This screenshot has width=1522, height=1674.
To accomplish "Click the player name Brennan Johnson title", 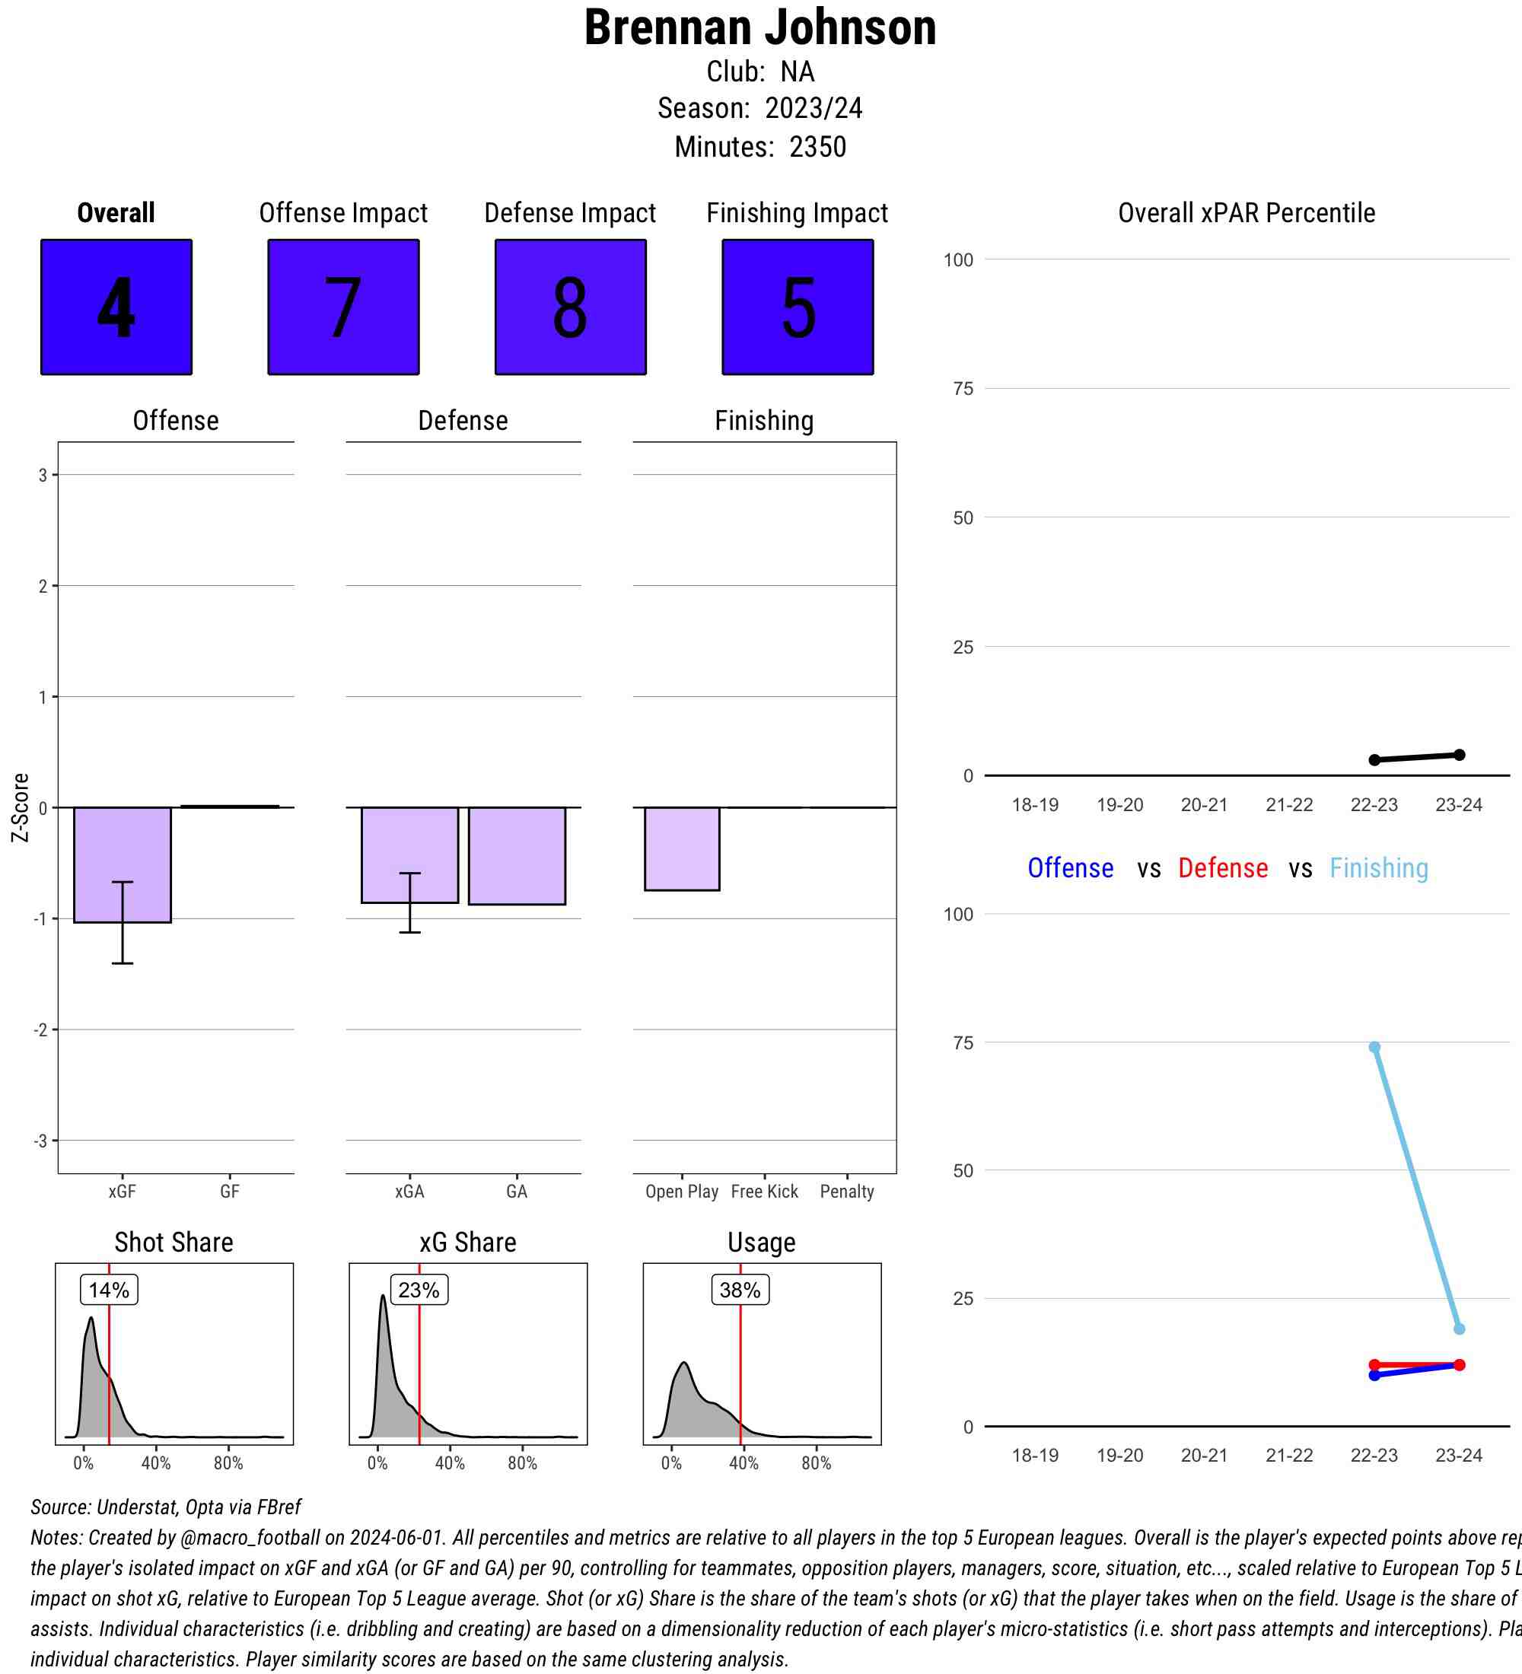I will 759,28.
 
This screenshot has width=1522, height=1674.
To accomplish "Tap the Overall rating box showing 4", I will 116,307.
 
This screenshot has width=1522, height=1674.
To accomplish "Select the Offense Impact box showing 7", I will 343,307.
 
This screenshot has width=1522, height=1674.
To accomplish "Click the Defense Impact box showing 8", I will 571,307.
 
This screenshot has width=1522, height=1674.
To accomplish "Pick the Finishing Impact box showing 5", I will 797,307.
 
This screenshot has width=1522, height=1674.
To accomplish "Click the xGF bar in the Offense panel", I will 122,864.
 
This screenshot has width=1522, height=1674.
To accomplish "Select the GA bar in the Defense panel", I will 517,855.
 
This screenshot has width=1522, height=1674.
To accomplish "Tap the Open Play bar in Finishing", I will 682,848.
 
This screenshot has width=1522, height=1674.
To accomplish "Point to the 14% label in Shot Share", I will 109,1290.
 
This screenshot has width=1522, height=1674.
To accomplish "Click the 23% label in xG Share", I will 419,1290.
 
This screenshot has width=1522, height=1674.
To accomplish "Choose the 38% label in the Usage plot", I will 740,1290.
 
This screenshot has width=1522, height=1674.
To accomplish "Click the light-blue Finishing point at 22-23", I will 1374,1047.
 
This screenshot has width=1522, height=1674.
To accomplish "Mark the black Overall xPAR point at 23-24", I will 1459,755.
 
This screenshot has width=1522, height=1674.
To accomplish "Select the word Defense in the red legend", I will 1222,867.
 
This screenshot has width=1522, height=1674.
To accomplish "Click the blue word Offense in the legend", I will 1070,867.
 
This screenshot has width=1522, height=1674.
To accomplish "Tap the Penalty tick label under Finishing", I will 847,1192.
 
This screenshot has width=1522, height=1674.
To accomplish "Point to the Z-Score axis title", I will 21,807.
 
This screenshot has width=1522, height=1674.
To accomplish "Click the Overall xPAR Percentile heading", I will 1247,213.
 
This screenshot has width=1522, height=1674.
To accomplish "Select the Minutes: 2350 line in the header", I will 759,147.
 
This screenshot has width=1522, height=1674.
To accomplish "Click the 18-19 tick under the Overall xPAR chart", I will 1035,804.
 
